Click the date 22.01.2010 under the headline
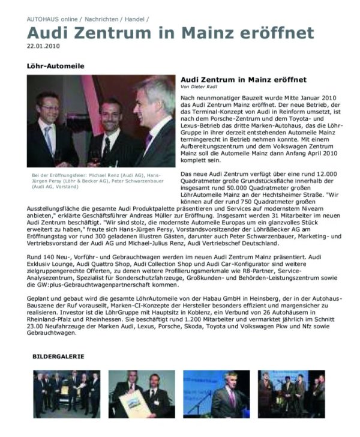tap(43, 46)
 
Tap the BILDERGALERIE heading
tap(58, 357)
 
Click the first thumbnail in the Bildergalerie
tap(66, 394)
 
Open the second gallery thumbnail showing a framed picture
tap(142, 394)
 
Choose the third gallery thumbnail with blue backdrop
tap(216, 394)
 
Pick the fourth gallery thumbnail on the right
tap(292, 394)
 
